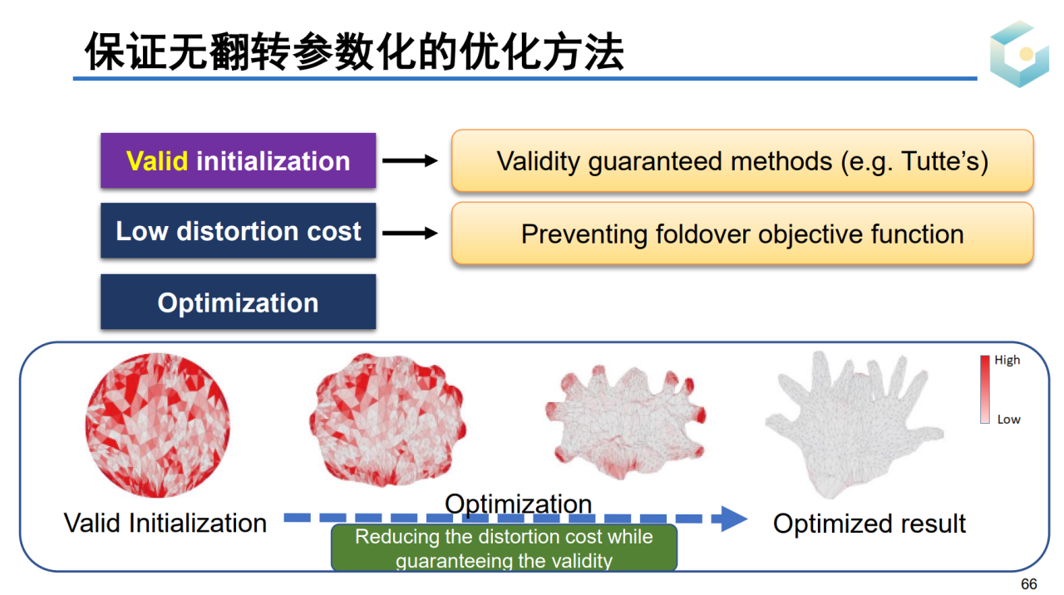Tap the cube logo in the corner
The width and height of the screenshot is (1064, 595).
click(x=1019, y=54)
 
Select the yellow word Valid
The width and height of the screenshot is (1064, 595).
click(x=157, y=160)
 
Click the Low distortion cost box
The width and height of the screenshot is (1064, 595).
click(x=239, y=231)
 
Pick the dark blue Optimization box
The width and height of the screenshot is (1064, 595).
click(x=239, y=302)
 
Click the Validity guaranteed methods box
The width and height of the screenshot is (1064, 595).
click(x=742, y=160)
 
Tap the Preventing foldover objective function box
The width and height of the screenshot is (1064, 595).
click(x=742, y=234)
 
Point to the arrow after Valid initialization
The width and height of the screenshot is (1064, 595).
click(x=410, y=161)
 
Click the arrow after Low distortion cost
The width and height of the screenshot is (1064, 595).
click(x=410, y=234)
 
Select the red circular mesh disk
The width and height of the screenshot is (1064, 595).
click(x=158, y=425)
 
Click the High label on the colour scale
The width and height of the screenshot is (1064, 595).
click(x=1007, y=361)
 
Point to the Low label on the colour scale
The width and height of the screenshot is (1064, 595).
click(x=1008, y=420)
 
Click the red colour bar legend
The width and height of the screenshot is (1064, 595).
click(x=985, y=390)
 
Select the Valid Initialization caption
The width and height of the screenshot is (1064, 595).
click(x=165, y=523)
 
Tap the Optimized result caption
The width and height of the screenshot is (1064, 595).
click(x=869, y=524)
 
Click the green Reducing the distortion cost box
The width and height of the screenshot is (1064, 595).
click(x=504, y=548)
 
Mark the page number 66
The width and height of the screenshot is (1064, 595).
click(x=1029, y=584)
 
